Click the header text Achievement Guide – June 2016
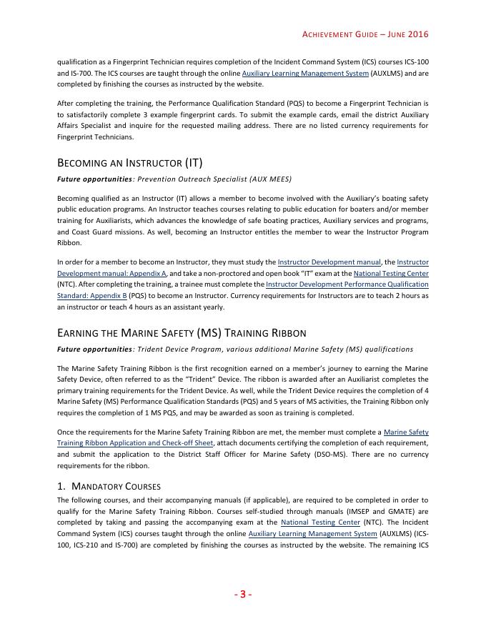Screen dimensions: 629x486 point(365,34)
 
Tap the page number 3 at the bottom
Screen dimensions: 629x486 point(242,594)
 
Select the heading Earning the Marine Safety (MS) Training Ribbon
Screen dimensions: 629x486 point(182,333)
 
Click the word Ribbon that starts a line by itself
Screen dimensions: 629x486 point(69,243)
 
